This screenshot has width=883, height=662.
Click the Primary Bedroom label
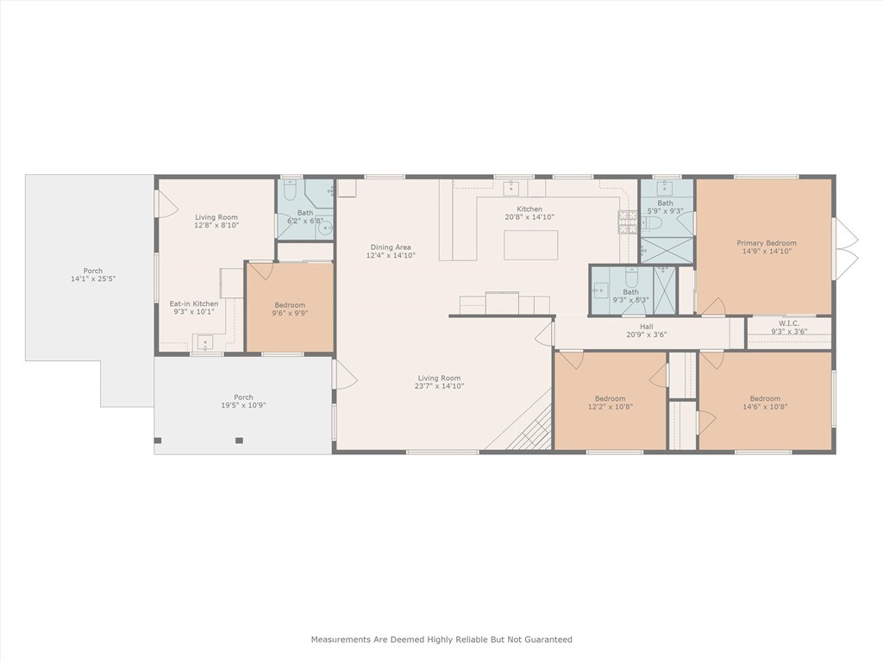(x=767, y=243)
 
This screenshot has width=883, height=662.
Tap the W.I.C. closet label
(x=788, y=324)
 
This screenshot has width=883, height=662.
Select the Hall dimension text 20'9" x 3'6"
(x=647, y=334)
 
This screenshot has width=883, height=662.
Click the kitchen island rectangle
(x=530, y=245)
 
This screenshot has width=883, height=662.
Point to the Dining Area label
(x=391, y=247)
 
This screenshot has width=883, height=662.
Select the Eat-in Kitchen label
(x=194, y=303)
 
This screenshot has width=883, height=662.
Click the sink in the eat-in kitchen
(x=204, y=342)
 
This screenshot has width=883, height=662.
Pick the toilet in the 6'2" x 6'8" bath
(x=291, y=191)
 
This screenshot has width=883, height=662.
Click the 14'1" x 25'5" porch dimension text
(x=93, y=278)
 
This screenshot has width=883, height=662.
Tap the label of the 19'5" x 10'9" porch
(x=243, y=397)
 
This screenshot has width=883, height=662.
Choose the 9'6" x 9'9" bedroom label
(x=290, y=305)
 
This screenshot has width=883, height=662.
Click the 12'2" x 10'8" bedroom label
(x=611, y=398)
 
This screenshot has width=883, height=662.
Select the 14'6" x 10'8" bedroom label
(x=766, y=398)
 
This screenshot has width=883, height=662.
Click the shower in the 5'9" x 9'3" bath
(x=667, y=251)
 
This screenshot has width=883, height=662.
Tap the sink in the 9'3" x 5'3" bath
(x=600, y=290)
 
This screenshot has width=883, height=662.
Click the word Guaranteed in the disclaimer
(x=546, y=640)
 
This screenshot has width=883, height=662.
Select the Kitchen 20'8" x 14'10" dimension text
(x=530, y=216)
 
